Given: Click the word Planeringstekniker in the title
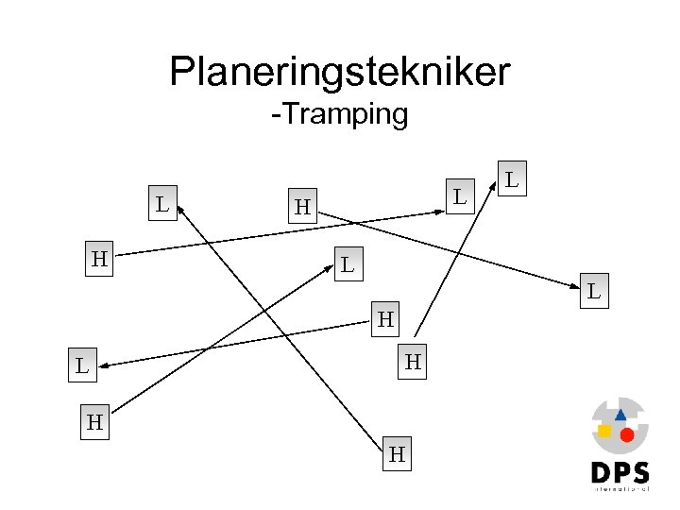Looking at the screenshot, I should (340, 71).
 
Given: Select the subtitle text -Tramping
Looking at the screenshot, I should (339, 115).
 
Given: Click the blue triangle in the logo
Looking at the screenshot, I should (620, 415).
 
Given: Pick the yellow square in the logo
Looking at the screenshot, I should (604, 431).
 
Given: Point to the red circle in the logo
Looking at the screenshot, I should (626, 435).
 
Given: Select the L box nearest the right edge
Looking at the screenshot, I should (593, 291).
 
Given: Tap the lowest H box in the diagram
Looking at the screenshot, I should (398, 455).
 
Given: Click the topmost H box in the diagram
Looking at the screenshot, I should (301, 206).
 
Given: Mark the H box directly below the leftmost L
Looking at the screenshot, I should (94, 422).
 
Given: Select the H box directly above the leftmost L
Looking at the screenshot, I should (98, 258).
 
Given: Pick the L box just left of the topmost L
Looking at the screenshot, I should (458, 196).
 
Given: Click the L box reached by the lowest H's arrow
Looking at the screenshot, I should (162, 202).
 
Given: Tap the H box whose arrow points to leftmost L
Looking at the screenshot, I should (385, 319).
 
